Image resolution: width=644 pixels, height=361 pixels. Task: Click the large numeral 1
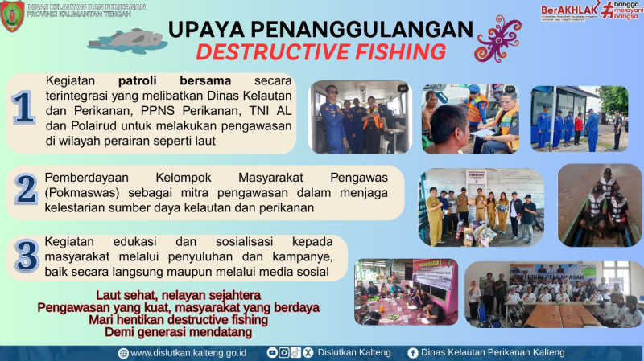pos(23,109)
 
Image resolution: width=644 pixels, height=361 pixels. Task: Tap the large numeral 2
pos(26,188)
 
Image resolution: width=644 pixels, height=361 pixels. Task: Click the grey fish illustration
pos(127,36)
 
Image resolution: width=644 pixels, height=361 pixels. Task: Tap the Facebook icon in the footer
pos(413,352)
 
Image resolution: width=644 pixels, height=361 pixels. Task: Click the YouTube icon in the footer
pos(272,352)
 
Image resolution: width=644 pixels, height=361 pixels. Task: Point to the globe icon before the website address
pos(123,352)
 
